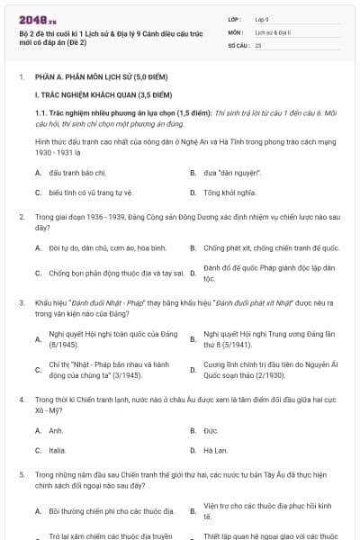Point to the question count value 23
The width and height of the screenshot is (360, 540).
point(258,44)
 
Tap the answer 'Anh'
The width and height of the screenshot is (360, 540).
point(56,431)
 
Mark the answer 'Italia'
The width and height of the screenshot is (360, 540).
point(58,450)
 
